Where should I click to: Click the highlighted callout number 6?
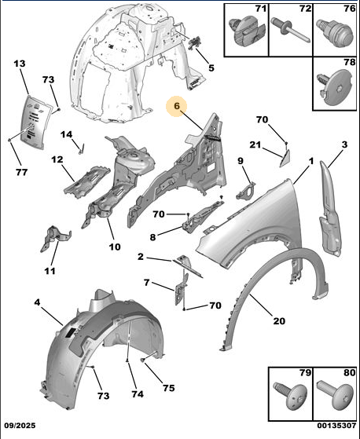click(177, 106)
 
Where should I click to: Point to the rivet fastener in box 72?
click(291, 30)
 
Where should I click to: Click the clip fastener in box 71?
click(247, 31)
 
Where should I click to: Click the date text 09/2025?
click(20, 426)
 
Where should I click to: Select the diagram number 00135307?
click(336, 426)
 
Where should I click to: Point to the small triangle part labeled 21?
click(285, 159)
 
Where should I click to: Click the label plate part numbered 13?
click(35, 122)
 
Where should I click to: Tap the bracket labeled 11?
click(55, 239)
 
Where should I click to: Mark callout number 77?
click(21, 172)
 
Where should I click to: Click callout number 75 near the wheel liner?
click(168, 388)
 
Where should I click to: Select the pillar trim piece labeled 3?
click(330, 210)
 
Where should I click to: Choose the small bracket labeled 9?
click(246, 191)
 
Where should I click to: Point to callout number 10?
click(115, 247)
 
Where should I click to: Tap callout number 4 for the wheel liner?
click(37, 302)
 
